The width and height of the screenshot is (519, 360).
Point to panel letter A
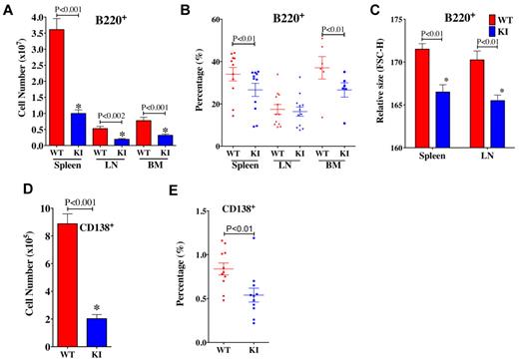click(8, 8)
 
